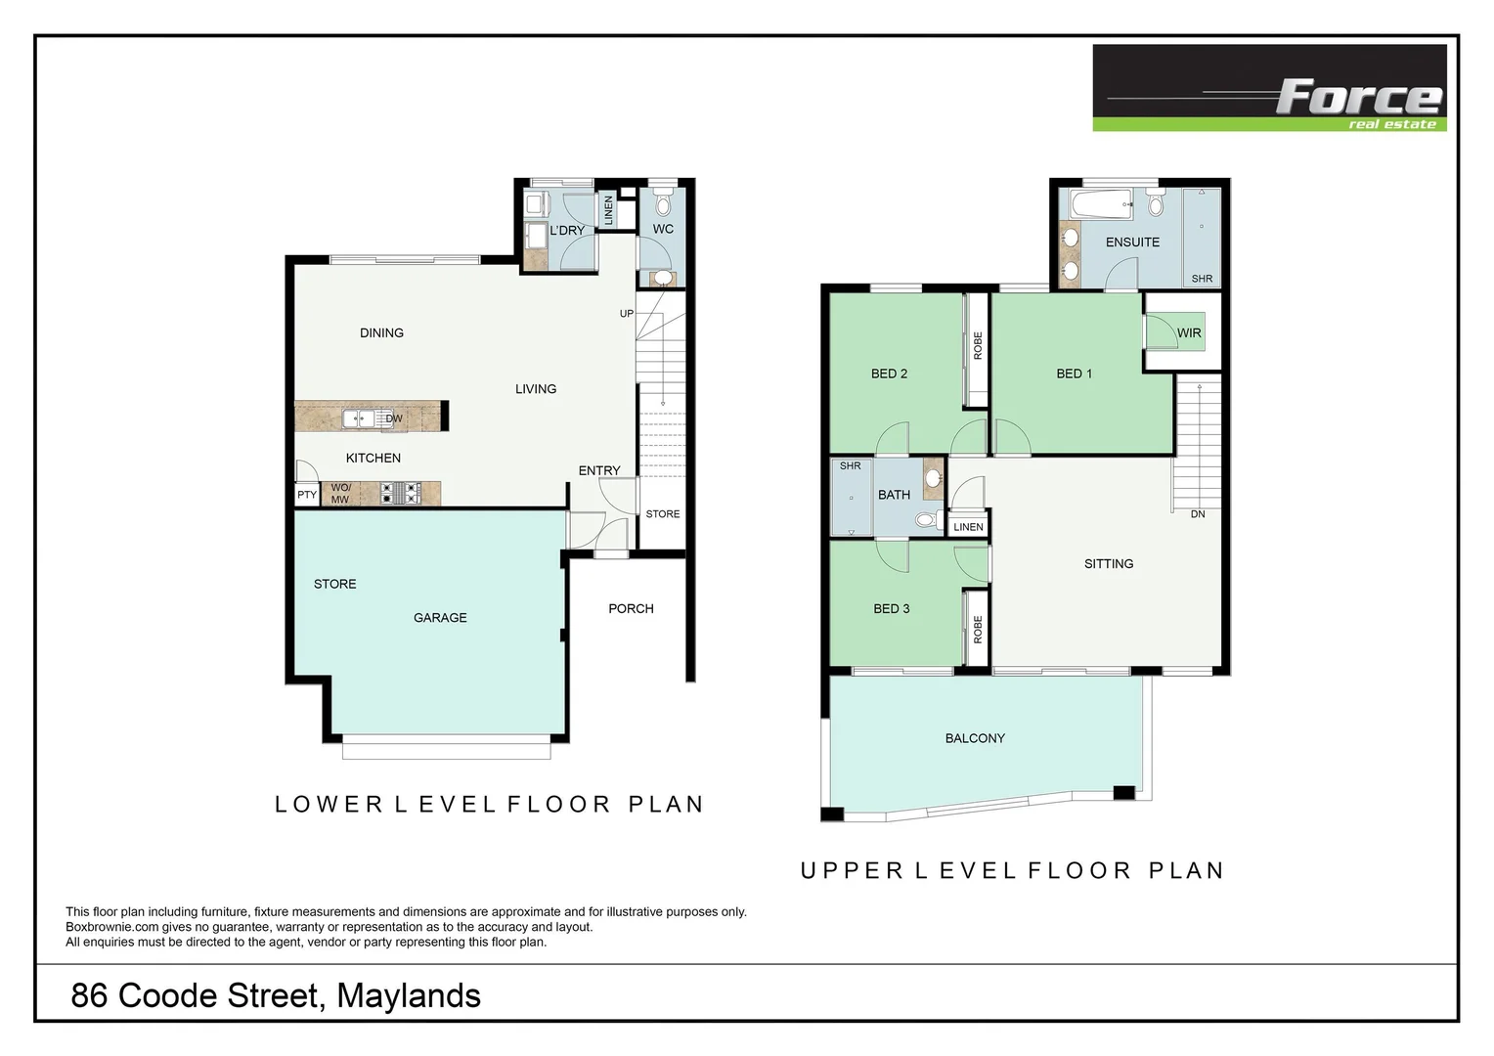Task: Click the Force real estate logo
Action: [1268, 88]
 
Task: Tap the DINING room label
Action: [381, 333]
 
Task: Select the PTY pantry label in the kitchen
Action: [307, 495]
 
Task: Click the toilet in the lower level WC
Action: [663, 204]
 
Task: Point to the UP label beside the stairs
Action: [627, 314]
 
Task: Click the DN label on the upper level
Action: [1198, 514]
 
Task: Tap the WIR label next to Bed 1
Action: [1189, 333]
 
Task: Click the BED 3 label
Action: [891, 609]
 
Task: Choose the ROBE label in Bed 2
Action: [978, 346]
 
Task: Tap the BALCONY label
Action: [975, 739]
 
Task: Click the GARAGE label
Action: [440, 618]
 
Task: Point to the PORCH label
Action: [631, 609]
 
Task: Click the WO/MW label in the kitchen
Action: [340, 494]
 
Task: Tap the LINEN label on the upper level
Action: [968, 527]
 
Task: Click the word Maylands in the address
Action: [409, 996]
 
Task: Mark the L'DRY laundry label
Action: [567, 231]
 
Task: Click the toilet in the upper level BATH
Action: [925, 520]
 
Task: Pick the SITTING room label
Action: [1109, 564]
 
